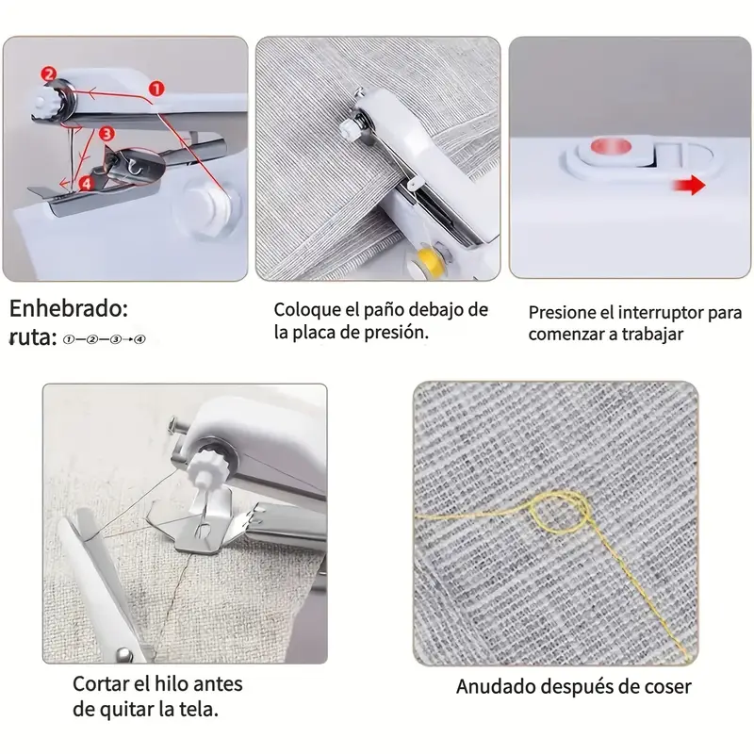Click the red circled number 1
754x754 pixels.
[156, 88]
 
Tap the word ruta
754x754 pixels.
[30, 336]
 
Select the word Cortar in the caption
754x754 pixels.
[101, 683]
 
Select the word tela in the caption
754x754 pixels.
[203, 709]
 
